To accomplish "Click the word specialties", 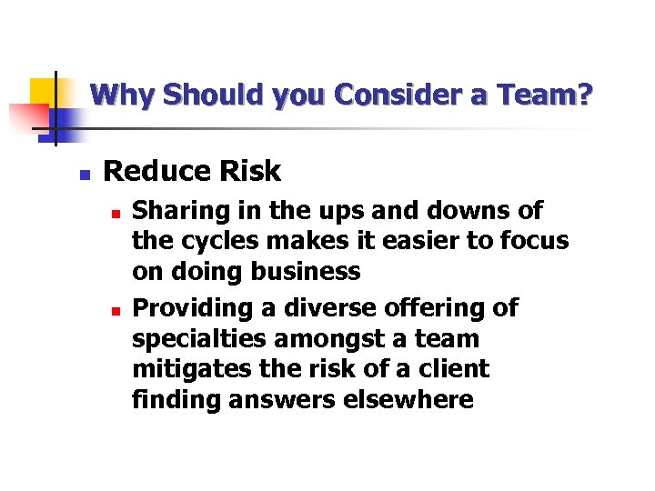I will pos(195,339).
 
